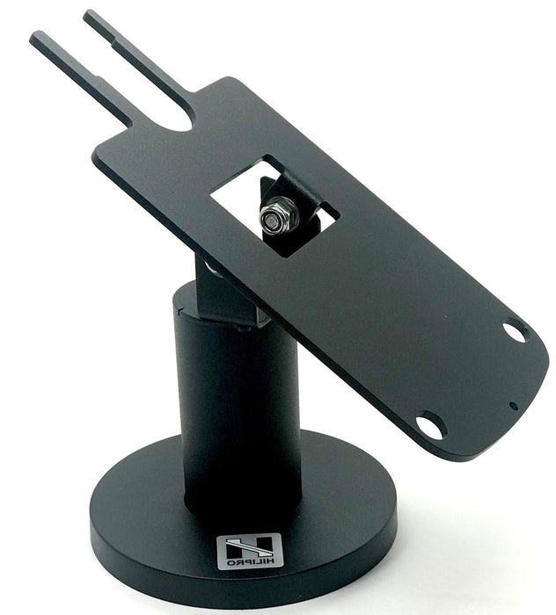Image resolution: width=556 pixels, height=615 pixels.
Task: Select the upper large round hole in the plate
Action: point(515,332)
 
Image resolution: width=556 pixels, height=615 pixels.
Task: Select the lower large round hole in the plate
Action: point(430,426)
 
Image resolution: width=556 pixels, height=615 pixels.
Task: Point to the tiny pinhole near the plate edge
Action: point(513,406)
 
